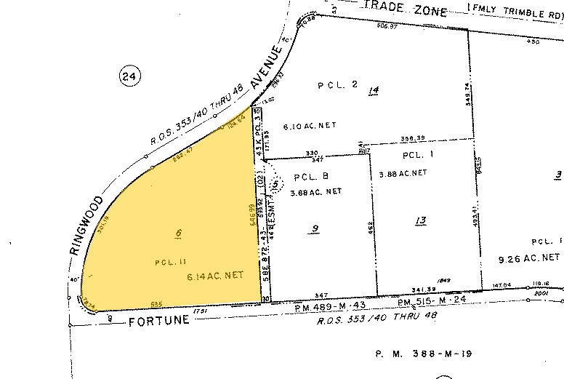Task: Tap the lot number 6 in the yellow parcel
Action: [177, 233]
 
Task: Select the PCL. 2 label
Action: [338, 85]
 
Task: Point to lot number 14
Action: [374, 91]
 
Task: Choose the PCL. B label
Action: [312, 176]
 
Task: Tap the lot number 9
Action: [315, 229]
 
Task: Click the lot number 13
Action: [419, 220]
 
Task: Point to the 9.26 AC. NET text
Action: [530, 257]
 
